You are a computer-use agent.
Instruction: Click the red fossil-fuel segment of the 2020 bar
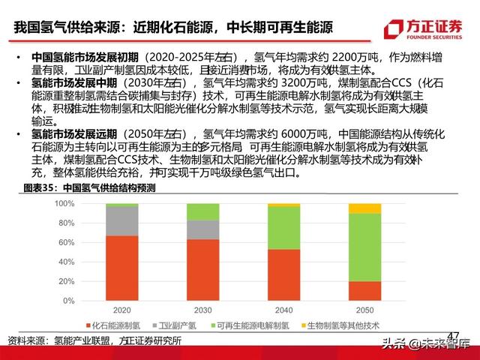121,268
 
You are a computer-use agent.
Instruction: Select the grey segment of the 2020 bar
121,220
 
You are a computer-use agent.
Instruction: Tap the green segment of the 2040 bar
283,227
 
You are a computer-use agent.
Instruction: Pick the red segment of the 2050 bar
364,291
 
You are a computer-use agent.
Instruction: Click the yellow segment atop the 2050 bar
364,208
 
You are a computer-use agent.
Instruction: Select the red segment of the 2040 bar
283,274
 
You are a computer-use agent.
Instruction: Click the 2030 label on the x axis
202,308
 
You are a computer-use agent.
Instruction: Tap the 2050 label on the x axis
364,308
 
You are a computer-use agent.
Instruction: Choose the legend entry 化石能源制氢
116,325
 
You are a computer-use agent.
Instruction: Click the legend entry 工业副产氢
181,325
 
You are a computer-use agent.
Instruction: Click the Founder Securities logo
424,28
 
